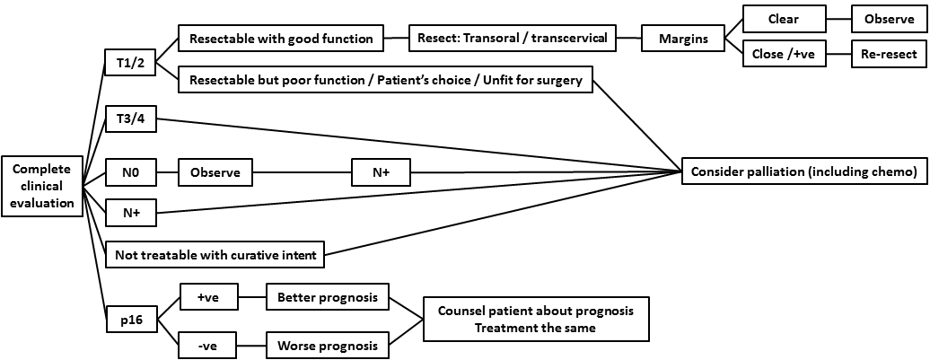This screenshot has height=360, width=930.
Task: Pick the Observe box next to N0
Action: pyautogui.click(x=215, y=172)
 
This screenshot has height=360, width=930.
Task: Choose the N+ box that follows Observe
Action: pyautogui.click(x=382, y=172)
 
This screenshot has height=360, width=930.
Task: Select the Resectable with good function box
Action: pyautogui.click(x=282, y=39)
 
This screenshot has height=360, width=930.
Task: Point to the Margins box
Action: pyautogui.click(x=682, y=39)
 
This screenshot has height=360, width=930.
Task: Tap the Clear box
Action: pyautogui.click(x=784, y=17)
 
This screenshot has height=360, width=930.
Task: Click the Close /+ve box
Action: pyautogui.click(x=784, y=55)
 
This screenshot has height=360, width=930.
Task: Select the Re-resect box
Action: pyautogui.click(x=888, y=55)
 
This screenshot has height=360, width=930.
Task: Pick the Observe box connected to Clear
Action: pyautogui.click(x=888, y=17)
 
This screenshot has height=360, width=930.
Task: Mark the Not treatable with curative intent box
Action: pyautogui.click(x=215, y=256)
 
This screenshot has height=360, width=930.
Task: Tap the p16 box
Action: pyautogui.click(x=132, y=320)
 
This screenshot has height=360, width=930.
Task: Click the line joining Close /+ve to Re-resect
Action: pyautogui.click(x=838, y=55)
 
